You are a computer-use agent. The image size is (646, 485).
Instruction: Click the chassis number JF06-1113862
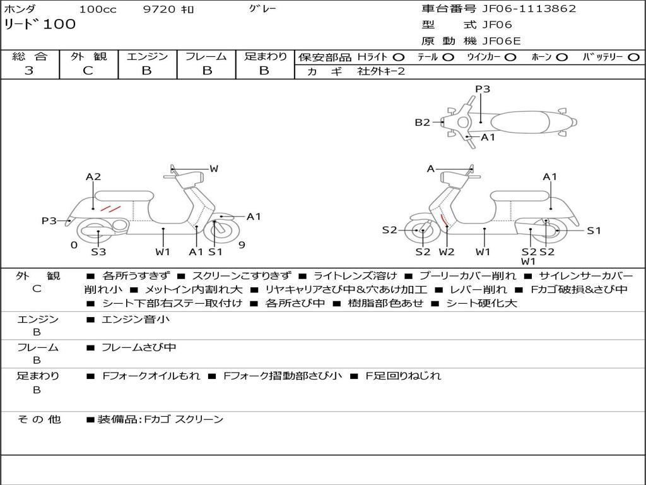point(529,9)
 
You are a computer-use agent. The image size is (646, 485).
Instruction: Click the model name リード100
point(40,25)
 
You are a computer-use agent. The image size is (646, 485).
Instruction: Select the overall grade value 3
point(29,71)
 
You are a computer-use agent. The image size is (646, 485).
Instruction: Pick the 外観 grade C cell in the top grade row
point(88,71)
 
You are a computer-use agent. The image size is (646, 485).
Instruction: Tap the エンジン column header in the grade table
point(147,56)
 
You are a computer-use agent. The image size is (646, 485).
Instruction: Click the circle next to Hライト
point(399,57)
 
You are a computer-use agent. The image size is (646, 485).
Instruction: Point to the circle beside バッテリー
point(634,57)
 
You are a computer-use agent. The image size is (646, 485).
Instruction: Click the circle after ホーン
point(562,57)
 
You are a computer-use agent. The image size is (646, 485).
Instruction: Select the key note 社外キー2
point(381,71)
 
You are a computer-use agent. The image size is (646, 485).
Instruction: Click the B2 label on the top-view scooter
point(422,122)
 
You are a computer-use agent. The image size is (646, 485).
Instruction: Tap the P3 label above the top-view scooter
point(483,89)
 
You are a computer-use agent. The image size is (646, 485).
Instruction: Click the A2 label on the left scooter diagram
point(93,177)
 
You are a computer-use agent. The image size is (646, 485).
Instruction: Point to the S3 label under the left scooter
point(98,251)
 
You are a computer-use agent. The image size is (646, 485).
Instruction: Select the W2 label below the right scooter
point(446,251)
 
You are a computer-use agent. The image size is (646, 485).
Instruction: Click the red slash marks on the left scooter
point(110,208)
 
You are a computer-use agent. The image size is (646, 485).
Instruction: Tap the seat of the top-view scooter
point(520,122)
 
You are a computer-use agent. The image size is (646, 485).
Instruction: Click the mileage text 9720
point(159,9)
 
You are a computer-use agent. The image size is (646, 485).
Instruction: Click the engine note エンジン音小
point(136,319)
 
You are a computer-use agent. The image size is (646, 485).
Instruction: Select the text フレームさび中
point(139,348)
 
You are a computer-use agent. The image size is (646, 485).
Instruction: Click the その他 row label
point(39,419)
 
